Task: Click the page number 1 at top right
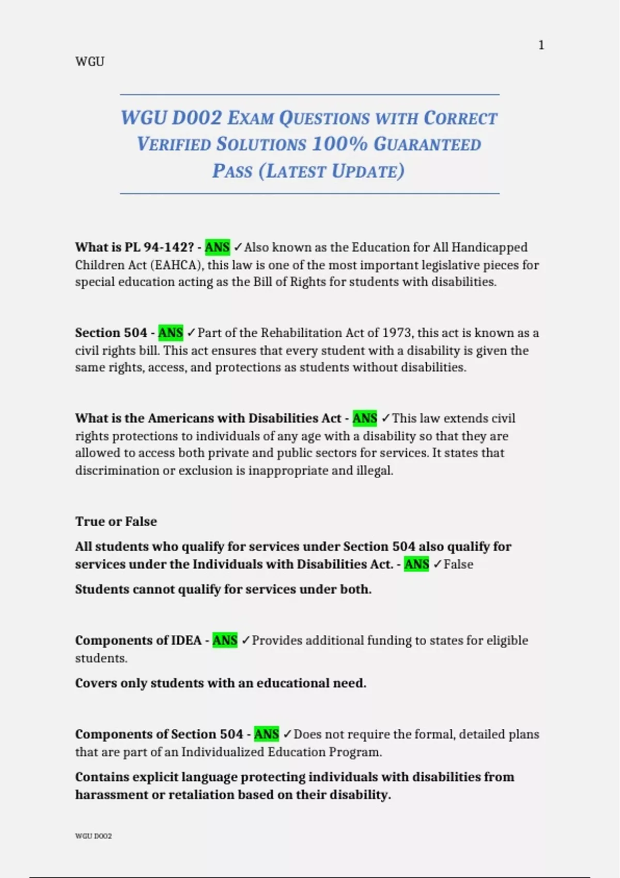click(x=541, y=45)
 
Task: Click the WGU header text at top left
click(x=90, y=61)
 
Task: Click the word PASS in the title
click(x=232, y=171)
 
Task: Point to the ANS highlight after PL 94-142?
click(x=217, y=247)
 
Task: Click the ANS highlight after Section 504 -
click(x=171, y=333)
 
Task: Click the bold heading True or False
click(x=116, y=521)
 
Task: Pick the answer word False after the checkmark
click(x=458, y=564)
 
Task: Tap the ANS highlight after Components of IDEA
click(x=225, y=640)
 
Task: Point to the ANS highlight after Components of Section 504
click(x=267, y=734)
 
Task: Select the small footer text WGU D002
click(x=94, y=836)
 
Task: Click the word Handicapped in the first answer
click(x=489, y=247)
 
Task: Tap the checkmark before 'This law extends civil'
click(x=385, y=418)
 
